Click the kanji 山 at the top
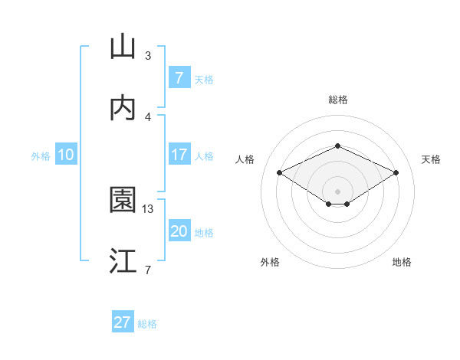123,47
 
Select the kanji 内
123,108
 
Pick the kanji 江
123,260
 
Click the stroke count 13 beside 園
148,208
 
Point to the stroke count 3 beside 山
148,56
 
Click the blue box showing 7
179,77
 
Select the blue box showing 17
179,155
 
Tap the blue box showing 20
179,231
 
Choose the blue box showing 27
122,322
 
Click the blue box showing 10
66,155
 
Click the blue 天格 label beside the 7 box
204,79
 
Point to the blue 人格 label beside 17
204,155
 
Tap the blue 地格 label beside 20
204,233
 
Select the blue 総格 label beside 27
147,324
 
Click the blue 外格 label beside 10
41,155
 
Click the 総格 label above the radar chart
337,100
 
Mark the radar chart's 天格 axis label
431,159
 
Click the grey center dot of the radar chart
337,191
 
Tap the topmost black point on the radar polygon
337,146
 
